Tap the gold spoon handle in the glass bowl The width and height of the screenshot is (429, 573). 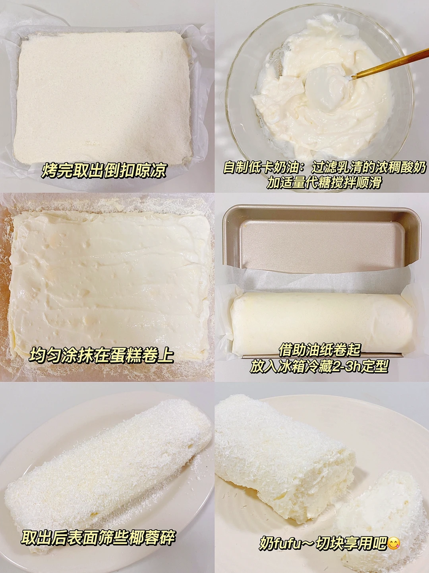[390, 63]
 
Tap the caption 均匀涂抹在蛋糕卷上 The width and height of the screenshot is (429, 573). [101, 355]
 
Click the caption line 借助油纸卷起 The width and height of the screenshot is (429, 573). [319, 350]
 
